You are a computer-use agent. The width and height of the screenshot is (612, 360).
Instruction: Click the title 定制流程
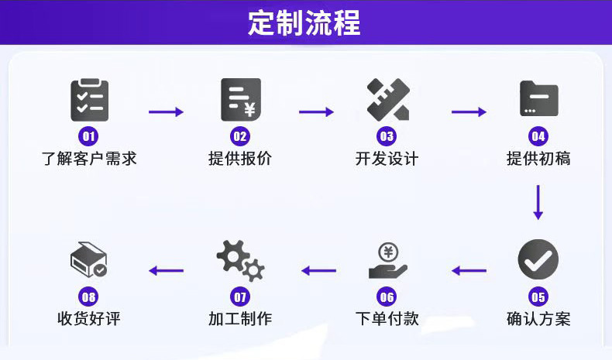tap(304, 22)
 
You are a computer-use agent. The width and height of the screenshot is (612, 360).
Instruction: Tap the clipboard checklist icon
tap(89, 100)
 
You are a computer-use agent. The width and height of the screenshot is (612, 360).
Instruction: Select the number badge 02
tap(240, 136)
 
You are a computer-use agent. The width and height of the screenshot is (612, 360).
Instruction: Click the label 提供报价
tap(240, 159)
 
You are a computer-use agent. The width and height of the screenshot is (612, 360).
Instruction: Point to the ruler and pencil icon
tap(388, 99)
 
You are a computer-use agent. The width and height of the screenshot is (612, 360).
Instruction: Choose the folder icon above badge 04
tap(539, 98)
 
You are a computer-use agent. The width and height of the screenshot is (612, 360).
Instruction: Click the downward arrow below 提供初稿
tap(538, 202)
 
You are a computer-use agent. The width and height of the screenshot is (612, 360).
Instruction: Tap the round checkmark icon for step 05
tap(538, 259)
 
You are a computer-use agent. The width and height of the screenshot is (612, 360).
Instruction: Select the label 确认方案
tap(538, 319)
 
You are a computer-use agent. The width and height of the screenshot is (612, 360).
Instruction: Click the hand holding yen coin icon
tap(388, 261)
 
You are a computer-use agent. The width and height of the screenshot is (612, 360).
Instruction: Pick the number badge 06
tap(387, 297)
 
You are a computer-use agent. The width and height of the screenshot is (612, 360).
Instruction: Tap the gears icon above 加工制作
tap(240, 261)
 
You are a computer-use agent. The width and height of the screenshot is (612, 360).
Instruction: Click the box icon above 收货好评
tap(89, 260)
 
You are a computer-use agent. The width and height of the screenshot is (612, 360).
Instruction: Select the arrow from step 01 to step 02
tap(166, 112)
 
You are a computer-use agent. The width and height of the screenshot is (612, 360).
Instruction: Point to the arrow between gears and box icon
tap(167, 270)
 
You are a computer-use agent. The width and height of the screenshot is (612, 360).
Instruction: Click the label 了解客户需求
tap(89, 159)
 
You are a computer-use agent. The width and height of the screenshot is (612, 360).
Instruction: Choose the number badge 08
tap(88, 297)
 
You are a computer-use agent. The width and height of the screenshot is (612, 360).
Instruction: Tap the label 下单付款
tap(387, 319)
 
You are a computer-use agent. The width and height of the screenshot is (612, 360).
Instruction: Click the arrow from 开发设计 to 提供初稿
tap(469, 112)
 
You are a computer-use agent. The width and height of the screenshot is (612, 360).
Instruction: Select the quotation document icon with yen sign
tap(241, 100)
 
